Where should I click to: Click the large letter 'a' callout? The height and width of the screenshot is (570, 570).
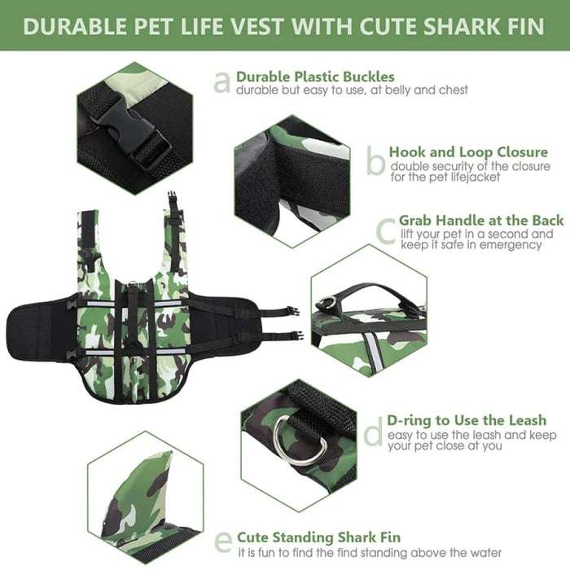tap(221, 81)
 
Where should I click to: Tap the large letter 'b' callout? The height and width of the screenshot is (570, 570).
tap(375, 161)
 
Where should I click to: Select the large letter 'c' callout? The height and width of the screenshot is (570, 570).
tap(386, 230)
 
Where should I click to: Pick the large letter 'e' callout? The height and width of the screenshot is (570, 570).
tap(222, 541)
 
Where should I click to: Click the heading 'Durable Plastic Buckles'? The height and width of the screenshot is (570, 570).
tap(315, 77)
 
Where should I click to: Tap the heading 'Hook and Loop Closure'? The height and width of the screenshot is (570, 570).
tap(467, 151)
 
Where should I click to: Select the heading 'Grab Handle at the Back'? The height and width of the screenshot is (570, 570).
tap(481, 221)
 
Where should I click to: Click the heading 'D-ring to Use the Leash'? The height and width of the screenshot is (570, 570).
tap(477, 421)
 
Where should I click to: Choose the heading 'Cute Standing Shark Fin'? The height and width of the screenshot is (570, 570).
tap(318, 537)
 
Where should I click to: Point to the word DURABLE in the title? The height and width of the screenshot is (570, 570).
tap(74, 25)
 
